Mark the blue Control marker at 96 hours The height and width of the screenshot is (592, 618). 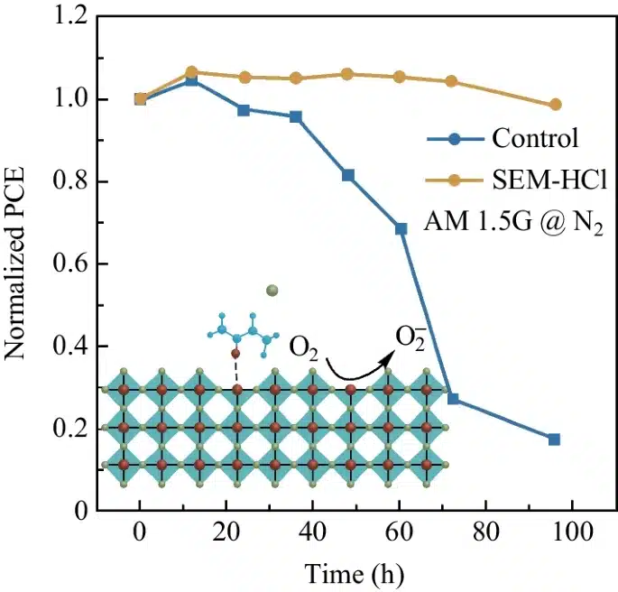click(554, 439)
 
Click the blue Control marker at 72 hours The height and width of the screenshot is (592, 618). click(453, 399)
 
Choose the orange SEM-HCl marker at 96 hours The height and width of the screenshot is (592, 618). click(556, 105)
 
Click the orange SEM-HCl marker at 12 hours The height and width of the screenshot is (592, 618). click(191, 72)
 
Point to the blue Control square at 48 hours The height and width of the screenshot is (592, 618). click(348, 175)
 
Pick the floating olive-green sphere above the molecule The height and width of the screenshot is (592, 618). click(273, 291)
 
